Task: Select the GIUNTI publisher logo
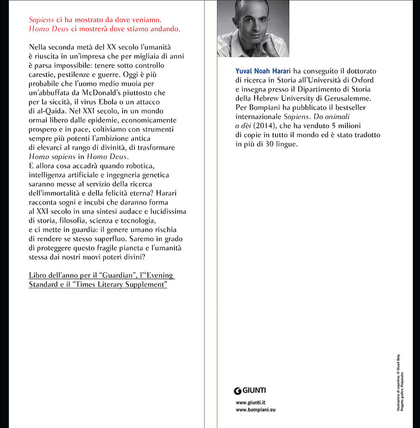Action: [x=250, y=391]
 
